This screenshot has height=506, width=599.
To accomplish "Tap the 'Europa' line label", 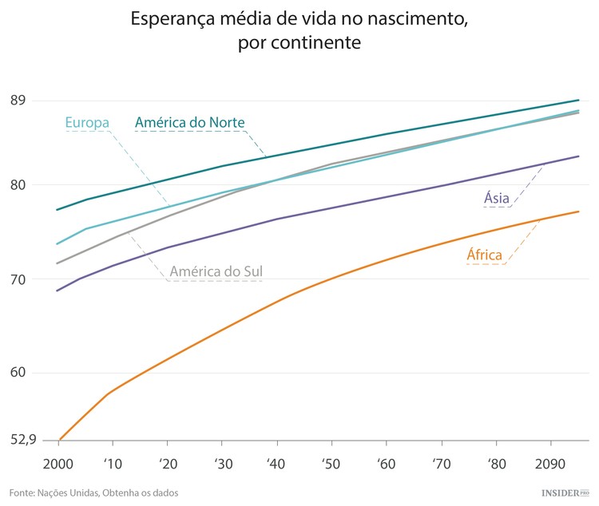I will tap(87, 123).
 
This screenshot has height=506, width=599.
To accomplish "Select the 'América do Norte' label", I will tap(189, 123).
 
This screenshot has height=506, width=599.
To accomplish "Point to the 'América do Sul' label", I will tap(216, 272).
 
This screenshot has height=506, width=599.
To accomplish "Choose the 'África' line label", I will tap(485, 255).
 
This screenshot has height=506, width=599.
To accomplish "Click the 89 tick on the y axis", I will tap(18, 101).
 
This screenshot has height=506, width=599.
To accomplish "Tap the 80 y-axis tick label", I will tap(18, 185).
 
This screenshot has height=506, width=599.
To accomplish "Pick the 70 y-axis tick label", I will tap(18, 279).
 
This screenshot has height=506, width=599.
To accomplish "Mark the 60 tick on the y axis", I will tap(18, 373).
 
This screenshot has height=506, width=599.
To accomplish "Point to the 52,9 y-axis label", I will tap(22, 439).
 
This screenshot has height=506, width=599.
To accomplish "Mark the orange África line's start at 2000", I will tap(58, 440).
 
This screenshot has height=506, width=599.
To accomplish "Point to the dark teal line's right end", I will tap(578, 101).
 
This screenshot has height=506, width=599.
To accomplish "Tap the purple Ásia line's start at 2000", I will tap(57, 291).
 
